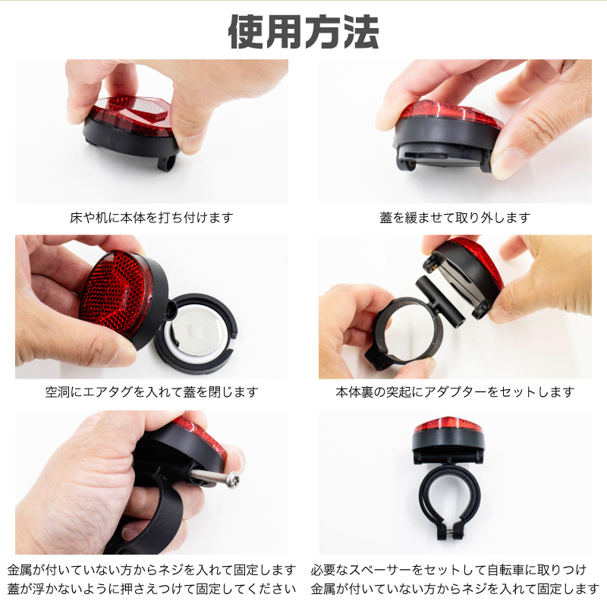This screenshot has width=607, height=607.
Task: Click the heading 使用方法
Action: click(303, 32)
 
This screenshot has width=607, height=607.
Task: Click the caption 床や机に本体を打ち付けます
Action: click(151, 218)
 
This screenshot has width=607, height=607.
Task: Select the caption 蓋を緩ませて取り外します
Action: click(454, 218)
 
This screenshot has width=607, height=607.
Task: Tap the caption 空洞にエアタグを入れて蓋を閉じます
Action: click(151, 392)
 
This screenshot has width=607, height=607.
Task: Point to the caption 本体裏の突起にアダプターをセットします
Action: click(454, 392)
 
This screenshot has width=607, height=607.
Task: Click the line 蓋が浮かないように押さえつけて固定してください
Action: click(151, 589)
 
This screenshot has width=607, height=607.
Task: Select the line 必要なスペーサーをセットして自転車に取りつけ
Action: click(448, 570)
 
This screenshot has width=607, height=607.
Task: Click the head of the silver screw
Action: click(234, 480)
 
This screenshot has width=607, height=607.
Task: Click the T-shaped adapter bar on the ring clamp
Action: click(440, 300)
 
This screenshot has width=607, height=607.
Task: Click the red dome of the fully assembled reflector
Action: click(448, 426)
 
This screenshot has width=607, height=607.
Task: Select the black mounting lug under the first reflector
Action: click(166, 162)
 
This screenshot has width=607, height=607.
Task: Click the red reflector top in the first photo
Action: click(131, 112)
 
